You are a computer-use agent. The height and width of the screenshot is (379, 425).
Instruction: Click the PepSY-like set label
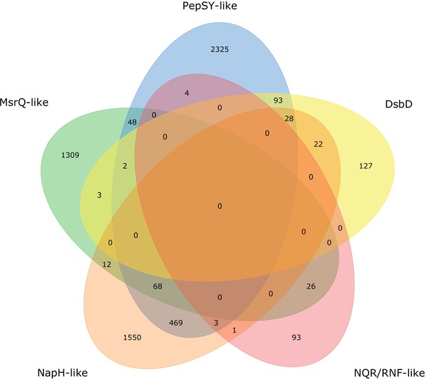click(x=209, y=6)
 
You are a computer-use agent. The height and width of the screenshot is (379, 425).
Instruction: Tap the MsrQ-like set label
click(x=24, y=103)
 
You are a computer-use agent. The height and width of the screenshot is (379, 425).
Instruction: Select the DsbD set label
click(x=398, y=104)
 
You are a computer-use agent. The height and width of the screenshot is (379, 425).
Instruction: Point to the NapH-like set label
click(x=63, y=373)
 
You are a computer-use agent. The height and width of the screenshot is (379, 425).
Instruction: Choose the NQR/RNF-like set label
click(x=389, y=373)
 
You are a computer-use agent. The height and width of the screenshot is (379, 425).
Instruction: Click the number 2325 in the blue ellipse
click(x=220, y=50)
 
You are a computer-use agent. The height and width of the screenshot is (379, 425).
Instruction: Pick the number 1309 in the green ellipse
click(x=70, y=155)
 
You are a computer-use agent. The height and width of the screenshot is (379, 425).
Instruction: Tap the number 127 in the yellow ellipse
click(x=366, y=165)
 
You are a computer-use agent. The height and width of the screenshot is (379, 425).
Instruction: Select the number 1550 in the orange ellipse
click(x=132, y=338)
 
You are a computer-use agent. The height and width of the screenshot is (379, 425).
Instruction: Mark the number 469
click(x=176, y=323)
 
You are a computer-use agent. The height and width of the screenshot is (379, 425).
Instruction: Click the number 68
click(x=158, y=286)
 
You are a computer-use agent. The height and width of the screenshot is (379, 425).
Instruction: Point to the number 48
click(x=132, y=122)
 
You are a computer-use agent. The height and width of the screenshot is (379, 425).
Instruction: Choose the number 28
click(x=289, y=119)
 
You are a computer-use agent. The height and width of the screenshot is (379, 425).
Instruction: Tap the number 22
click(x=318, y=144)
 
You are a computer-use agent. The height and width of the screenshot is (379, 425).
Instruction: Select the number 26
click(x=311, y=286)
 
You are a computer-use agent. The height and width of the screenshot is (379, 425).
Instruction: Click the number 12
click(x=107, y=265)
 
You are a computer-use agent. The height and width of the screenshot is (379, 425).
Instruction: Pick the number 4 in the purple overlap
click(x=187, y=93)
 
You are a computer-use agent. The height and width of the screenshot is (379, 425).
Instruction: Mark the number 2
click(x=125, y=166)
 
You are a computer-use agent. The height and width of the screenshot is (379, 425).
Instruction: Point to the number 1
click(x=234, y=330)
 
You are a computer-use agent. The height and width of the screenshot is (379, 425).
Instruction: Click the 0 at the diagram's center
click(x=220, y=206)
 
